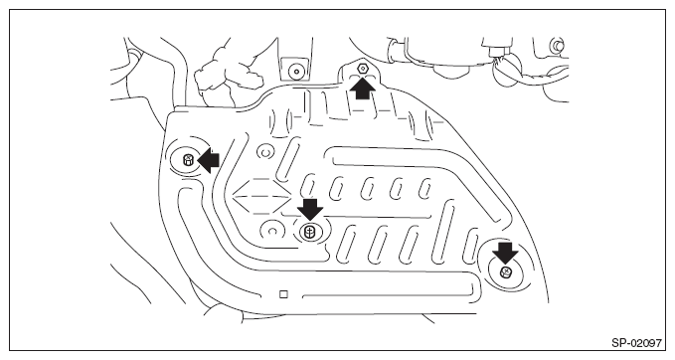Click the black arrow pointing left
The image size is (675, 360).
pos(208,161)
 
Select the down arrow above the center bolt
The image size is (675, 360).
pos(310,209)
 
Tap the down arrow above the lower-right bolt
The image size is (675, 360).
pos(505,253)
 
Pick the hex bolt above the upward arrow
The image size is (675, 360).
pos(363,68)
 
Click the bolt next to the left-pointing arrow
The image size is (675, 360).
pos(189,161)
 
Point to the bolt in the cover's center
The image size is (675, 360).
pos(310,232)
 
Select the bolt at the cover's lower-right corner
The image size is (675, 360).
pos(506,272)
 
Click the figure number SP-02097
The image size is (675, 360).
pos(636,343)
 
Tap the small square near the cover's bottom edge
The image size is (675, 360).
pos(283,294)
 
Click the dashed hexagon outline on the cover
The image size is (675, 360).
pos(260,196)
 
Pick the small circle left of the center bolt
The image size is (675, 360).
pos(271,232)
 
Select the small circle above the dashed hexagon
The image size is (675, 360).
pos(265,152)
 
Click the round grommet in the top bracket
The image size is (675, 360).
pos(295,71)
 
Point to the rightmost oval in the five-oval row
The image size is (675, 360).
pos(424,189)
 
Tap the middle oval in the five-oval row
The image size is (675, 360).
pos(367,189)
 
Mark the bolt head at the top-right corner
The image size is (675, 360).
pos(556,45)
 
